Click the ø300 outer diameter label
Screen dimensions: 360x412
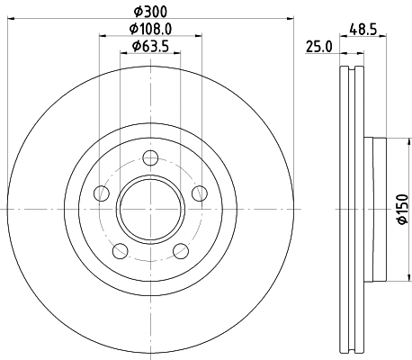point(150,11)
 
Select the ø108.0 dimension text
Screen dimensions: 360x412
point(150,29)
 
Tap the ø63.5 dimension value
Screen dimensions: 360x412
point(150,46)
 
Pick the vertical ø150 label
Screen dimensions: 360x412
point(402,209)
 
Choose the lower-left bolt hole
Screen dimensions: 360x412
point(121,250)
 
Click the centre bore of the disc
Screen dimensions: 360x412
point(150,209)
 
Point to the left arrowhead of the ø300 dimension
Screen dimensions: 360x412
point(11,18)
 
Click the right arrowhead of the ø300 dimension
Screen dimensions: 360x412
point(291,18)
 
